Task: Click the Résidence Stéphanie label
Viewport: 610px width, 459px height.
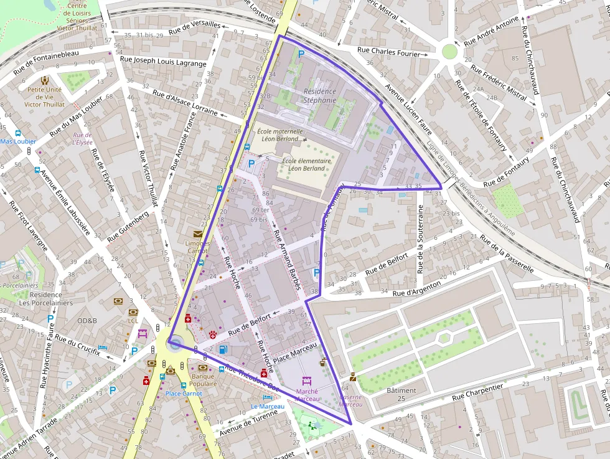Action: coord(320,96)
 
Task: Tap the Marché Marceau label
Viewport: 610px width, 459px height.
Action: coord(306,395)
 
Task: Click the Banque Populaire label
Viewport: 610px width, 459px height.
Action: coord(204,380)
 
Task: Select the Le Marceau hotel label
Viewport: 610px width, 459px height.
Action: coord(267,406)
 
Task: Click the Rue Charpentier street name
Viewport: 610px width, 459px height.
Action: coord(477,391)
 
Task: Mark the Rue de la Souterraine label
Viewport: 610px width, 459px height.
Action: coord(421,244)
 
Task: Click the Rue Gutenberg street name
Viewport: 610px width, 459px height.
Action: coord(128,227)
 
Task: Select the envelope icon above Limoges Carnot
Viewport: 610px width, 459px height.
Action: coord(198,234)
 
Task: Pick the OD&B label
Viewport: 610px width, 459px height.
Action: coord(87,321)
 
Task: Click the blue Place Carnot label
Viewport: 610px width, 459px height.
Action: coord(184,394)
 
